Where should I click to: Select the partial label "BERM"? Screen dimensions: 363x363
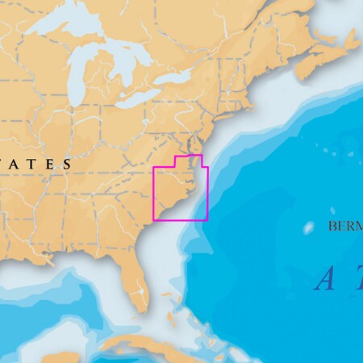[345, 227]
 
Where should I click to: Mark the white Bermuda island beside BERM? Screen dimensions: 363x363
[308, 227]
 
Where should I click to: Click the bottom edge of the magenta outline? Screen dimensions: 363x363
[181, 219]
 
